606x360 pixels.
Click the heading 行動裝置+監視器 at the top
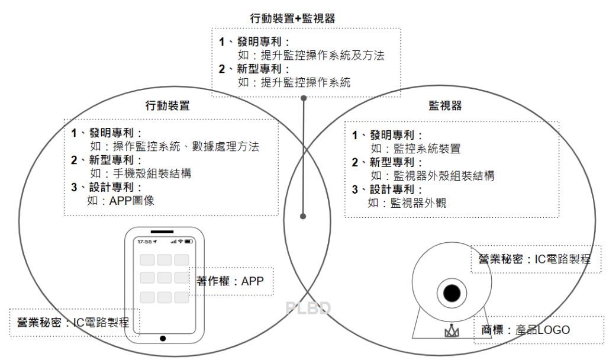(292, 18)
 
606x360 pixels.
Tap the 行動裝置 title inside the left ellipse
(167, 107)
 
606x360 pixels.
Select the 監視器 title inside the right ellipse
(445, 106)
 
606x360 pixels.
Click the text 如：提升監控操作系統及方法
(311, 56)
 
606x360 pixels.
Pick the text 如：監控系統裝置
(415, 149)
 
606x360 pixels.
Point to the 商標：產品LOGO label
(527, 330)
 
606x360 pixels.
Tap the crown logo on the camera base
(452, 332)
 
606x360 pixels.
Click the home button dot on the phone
(163, 338)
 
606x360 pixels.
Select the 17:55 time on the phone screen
(145, 242)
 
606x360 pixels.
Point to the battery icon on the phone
(188, 242)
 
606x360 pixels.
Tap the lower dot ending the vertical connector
(303, 216)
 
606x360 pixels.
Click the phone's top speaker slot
(162, 231)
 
